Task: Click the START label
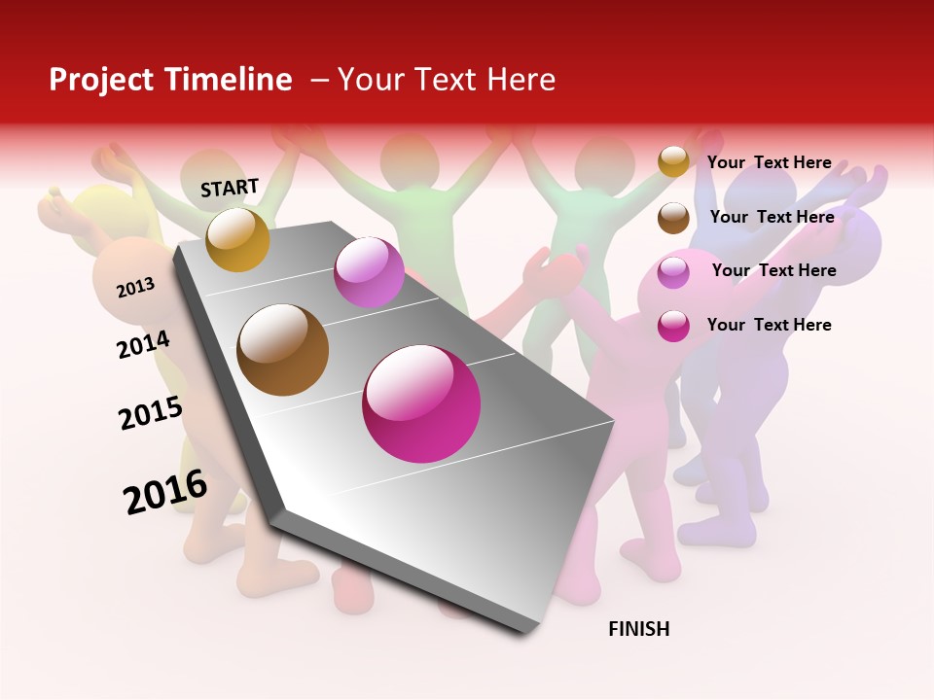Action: (x=230, y=188)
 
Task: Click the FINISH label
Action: (x=638, y=629)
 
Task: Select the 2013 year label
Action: (x=135, y=287)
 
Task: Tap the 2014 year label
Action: (x=143, y=344)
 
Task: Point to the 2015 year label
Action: (x=151, y=413)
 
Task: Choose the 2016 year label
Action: (x=165, y=491)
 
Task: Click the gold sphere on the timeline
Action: (x=237, y=239)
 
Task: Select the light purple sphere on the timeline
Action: (x=369, y=272)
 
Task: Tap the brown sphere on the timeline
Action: (x=282, y=350)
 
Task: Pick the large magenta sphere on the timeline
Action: (x=421, y=403)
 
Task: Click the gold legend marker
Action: (x=673, y=161)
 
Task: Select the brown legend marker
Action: (x=673, y=218)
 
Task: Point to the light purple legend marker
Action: (x=673, y=272)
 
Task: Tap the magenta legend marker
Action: (x=673, y=326)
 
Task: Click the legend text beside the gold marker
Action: (x=769, y=162)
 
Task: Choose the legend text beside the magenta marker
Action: (x=769, y=325)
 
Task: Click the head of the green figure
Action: (x=409, y=160)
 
